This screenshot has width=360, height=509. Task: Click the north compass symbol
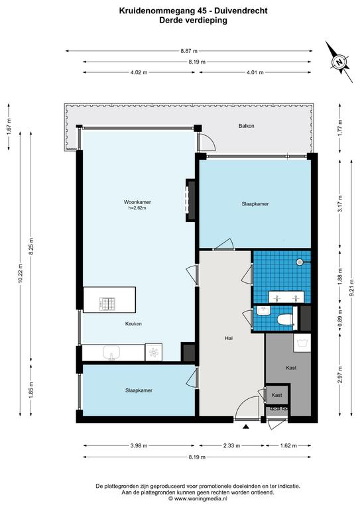coord(339,62)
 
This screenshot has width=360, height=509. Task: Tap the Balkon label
coord(247,126)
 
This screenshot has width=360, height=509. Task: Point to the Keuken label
coord(133,323)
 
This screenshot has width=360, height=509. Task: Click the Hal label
coord(229,338)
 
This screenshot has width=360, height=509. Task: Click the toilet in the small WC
coord(285,319)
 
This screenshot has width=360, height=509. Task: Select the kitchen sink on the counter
coord(111,353)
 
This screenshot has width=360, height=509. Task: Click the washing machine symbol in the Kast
coord(302,343)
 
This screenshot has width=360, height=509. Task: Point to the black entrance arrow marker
coord(246,427)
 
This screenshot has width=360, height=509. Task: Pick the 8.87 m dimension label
coord(189,51)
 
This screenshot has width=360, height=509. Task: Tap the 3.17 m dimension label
coord(340,204)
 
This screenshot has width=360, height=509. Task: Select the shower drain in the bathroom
coord(299,262)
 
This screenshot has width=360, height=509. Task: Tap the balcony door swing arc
coord(210,141)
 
